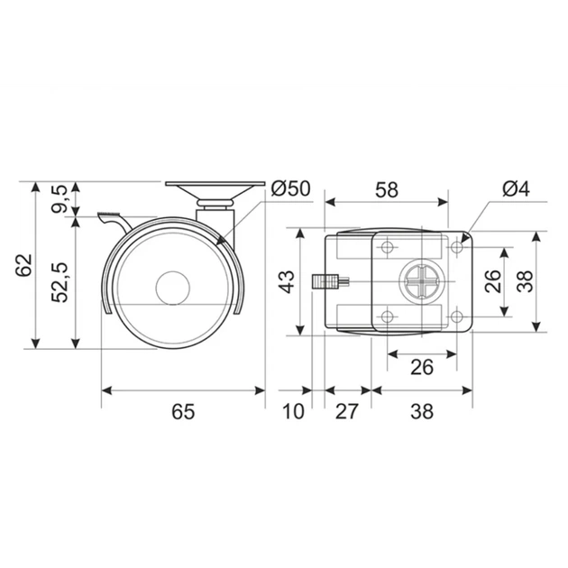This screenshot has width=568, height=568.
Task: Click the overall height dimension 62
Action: tap(24, 266)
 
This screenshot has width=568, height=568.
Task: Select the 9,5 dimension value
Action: tap(59, 198)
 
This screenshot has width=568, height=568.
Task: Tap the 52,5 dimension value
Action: tap(60, 281)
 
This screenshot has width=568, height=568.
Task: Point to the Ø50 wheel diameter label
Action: tap(291, 188)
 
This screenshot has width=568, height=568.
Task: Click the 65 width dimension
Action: tap(183, 411)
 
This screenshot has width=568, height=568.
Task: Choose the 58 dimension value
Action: tap(387, 190)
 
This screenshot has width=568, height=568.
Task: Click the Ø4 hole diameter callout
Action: tap(517, 188)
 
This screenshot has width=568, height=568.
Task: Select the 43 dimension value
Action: tap(288, 281)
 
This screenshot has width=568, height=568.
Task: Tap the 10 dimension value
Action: tap(293, 411)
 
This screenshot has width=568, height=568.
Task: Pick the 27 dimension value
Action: tap(347, 411)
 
